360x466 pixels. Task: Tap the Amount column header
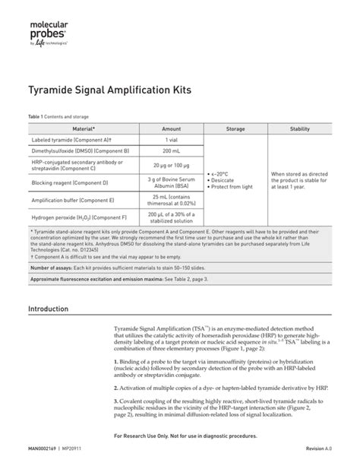pyautogui.click(x=172, y=129)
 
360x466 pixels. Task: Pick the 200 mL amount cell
pyautogui.click(x=172, y=152)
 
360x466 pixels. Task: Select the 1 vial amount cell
pyautogui.click(x=172, y=141)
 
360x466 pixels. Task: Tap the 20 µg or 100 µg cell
pyautogui.click(x=172, y=166)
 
